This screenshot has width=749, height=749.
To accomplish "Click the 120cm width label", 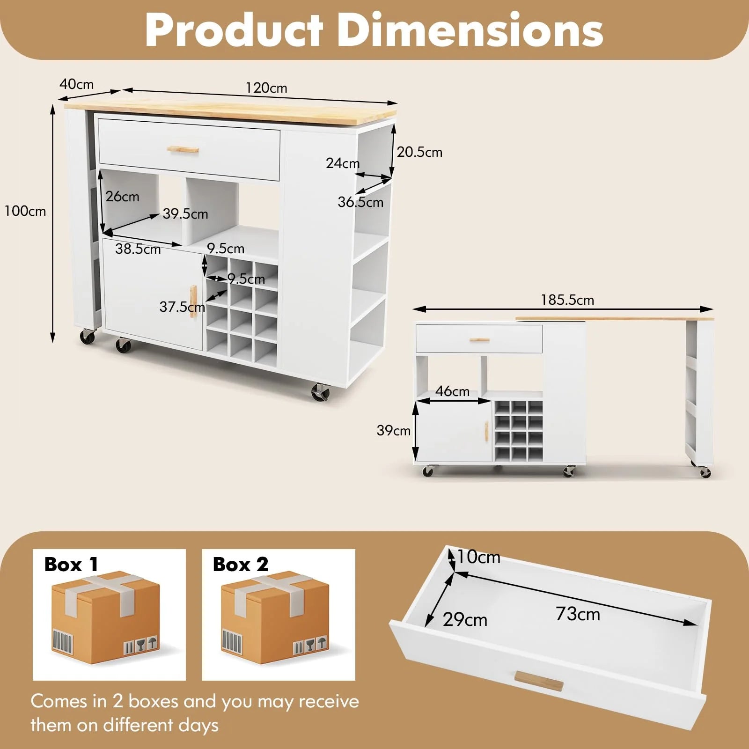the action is tap(266, 88).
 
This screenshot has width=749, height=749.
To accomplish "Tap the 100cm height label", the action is tap(25, 211).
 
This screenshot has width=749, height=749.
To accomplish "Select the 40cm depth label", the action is tap(76, 84).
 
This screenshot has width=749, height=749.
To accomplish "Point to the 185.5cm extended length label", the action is tap(567, 300).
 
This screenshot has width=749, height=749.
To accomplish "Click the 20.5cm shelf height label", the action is tap(419, 152).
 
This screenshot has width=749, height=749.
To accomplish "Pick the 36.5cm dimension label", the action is tap(360, 202).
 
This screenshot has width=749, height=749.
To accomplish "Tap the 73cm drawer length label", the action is tap(578, 614).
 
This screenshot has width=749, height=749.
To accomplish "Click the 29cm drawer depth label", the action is tap(465, 619).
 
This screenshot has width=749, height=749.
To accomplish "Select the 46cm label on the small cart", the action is tap(452, 391).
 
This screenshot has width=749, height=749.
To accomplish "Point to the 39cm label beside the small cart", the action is tap(394, 430).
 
